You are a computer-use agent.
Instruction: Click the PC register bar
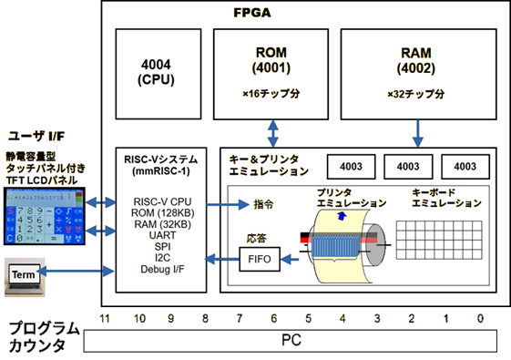[290, 342]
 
